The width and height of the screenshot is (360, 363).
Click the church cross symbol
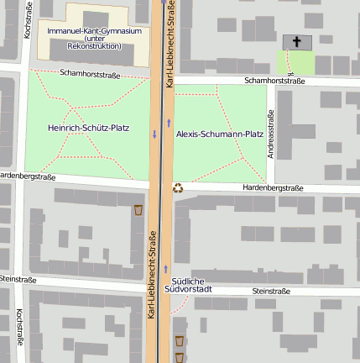pyautogui.click(x=296, y=41)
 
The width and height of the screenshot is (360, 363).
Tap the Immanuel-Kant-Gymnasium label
pyautogui.click(x=94, y=31)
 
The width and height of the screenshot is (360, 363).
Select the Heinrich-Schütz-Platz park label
pyautogui.click(x=88, y=128)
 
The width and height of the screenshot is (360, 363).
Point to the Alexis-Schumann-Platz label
pyautogui.click(x=220, y=134)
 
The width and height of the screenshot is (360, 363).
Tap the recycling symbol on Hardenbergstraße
pyautogui.click(x=178, y=188)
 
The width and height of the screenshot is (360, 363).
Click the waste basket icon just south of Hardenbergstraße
pyautogui.click(x=138, y=208)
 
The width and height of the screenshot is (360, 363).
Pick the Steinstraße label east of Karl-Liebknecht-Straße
pyautogui.click(x=270, y=291)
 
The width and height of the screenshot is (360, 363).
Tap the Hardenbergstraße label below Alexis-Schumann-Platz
pyautogui.click(x=273, y=187)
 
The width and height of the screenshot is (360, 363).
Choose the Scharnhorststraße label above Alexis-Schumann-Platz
pyautogui.click(x=273, y=81)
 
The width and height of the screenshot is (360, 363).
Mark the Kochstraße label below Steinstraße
pyautogui.click(x=18, y=329)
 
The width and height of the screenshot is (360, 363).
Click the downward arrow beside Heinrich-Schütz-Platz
pyautogui.click(x=154, y=134)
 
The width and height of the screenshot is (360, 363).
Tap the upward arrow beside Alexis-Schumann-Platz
pyautogui.click(x=169, y=124)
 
